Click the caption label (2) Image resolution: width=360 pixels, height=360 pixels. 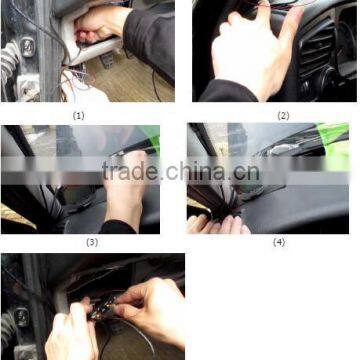[x=283, y=114]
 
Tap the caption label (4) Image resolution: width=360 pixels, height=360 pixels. [x=280, y=242]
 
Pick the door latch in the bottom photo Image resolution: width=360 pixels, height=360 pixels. [x=17, y=322]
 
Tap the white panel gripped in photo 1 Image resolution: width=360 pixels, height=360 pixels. [x=76, y=35]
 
